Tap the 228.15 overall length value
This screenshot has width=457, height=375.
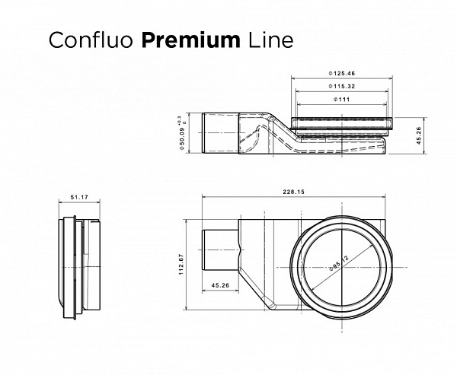pos(293,192)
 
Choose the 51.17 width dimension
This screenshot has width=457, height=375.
pos(78,197)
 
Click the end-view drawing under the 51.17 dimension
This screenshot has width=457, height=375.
pos(76,266)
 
